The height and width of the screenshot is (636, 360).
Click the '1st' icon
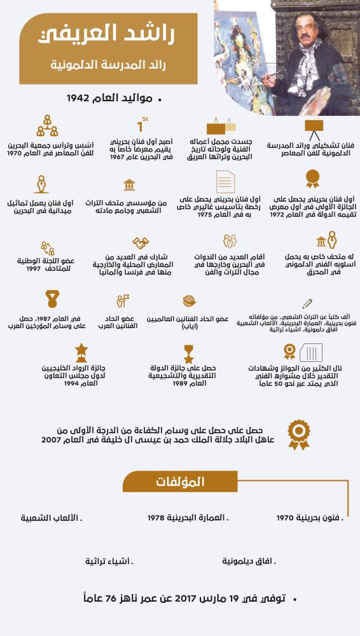[142, 125]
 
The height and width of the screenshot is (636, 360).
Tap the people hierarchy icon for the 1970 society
[46, 125]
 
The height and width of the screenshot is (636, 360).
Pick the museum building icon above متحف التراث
[129, 185]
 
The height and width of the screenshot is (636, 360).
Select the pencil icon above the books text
[307, 304]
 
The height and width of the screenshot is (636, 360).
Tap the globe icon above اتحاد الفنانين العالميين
[188, 301]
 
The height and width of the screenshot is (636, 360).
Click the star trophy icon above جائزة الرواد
[81, 350]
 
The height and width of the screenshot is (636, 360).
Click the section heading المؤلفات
[181, 482]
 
